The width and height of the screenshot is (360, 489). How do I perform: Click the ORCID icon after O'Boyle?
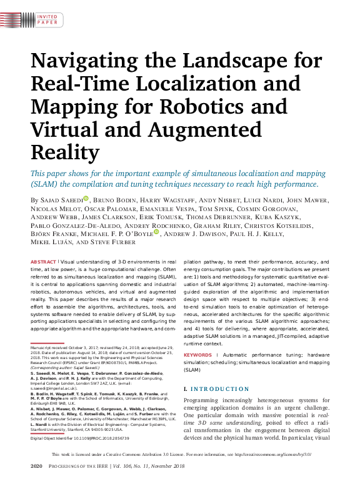tap(156, 232)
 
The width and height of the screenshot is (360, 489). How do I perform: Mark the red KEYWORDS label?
tap(199, 355)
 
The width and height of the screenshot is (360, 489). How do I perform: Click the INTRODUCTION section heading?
tap(217, 389)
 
